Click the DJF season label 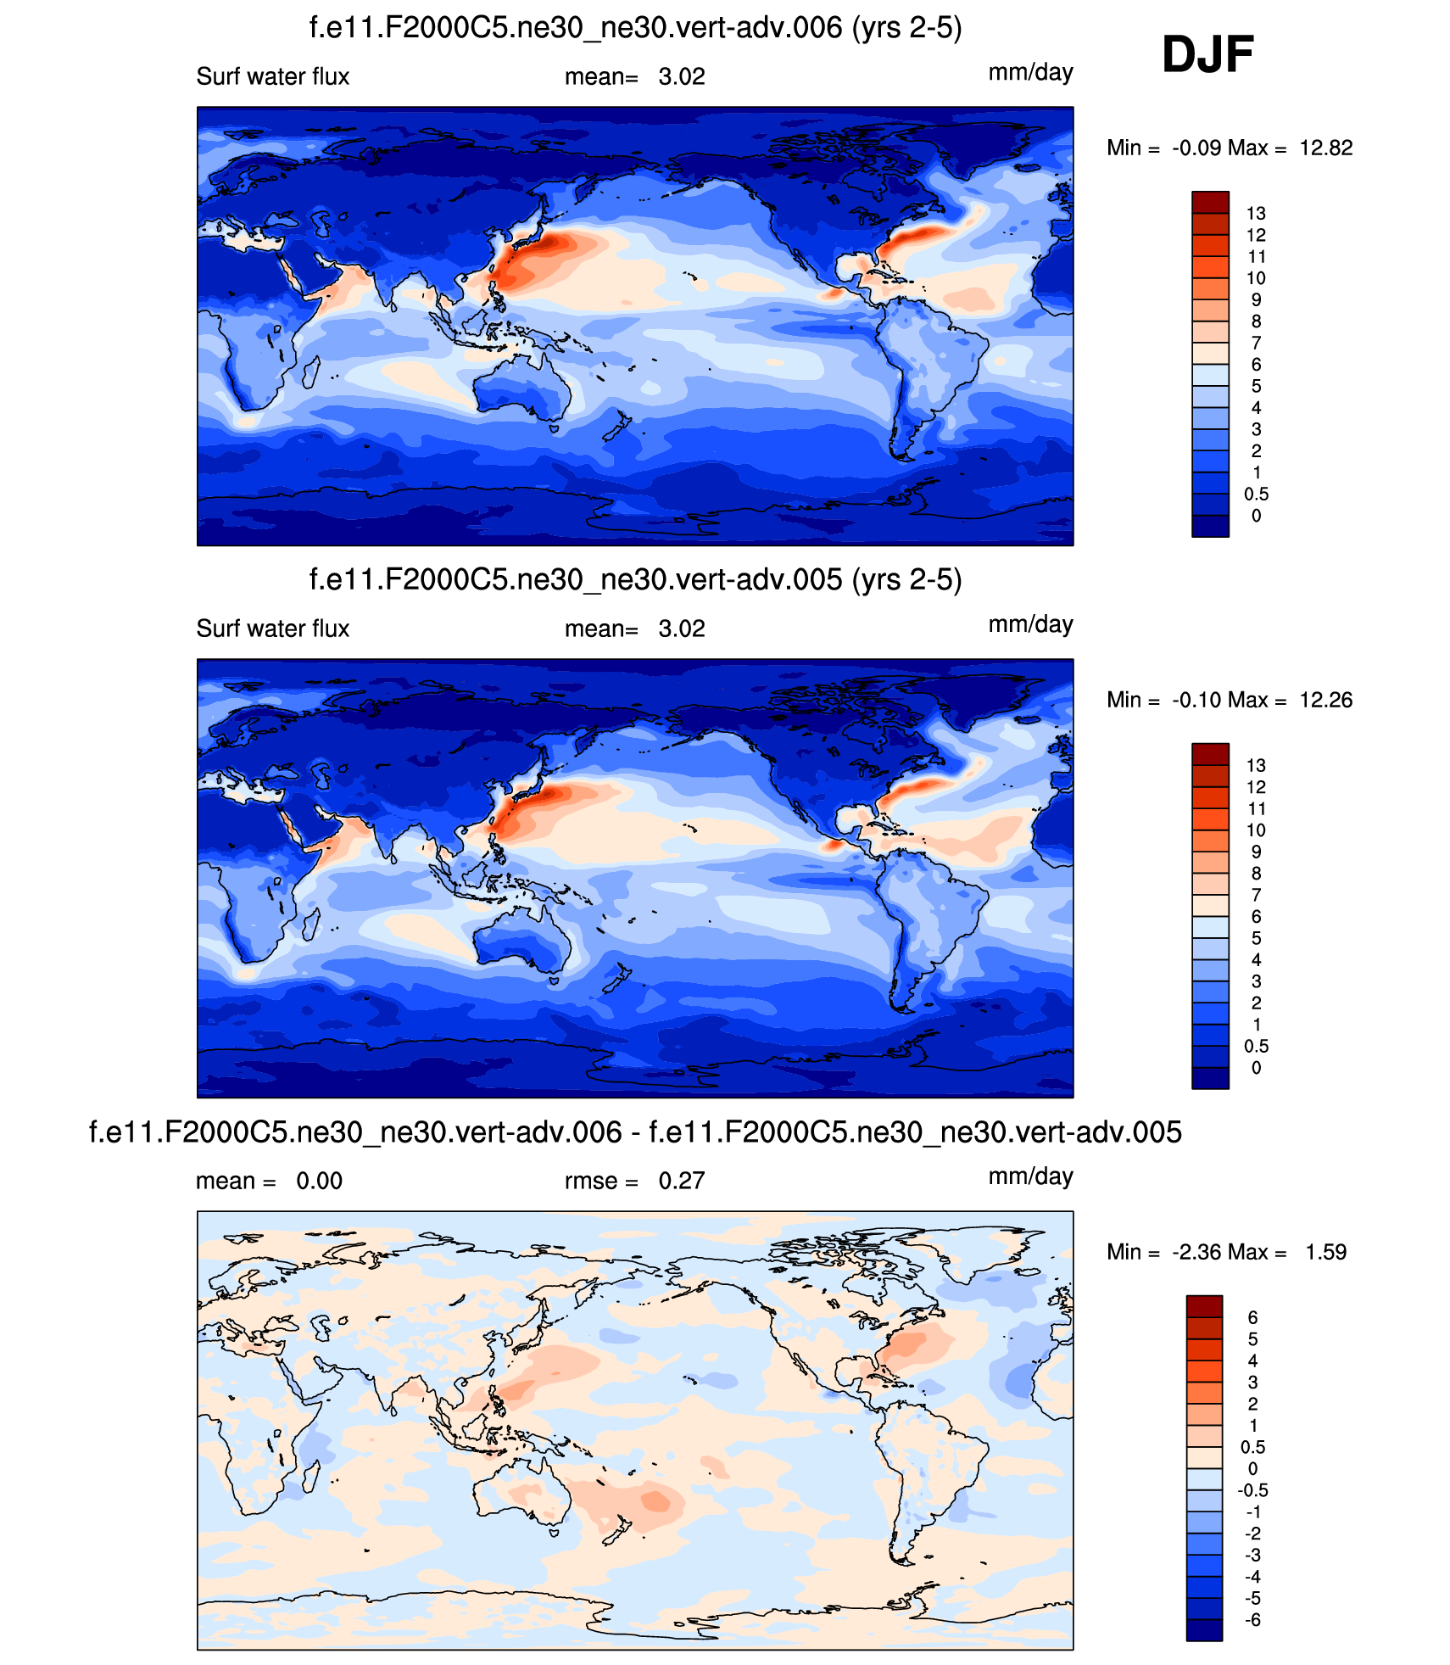click(1207, 55)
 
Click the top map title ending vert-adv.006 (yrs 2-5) click(635, 28)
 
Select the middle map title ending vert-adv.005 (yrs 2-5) click(635, 580)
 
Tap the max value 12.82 click(1325, 148)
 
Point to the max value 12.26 click(1325, 701)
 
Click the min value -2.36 click(1196, 1253)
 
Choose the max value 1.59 click(1325, 1253)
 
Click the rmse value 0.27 click(682, 1182)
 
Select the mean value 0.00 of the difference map click(319, 1182)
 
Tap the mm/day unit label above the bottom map click(1030, 1177)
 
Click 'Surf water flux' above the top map click(273, 77)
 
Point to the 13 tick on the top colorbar click(1256, 214)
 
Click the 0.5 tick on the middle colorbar click(1256, 1047)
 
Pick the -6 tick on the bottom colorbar click(1252, 1620)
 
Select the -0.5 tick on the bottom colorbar click(1252, 1490)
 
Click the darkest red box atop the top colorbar click(1210, 202)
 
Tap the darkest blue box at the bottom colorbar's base click(1204, 1630)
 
